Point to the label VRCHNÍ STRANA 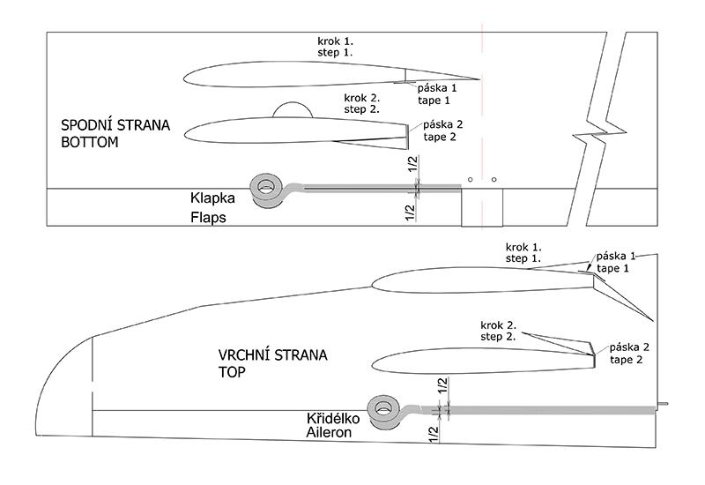pos(272,355)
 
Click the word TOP pos(234,372)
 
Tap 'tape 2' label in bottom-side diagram pos(442,138)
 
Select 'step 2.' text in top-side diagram pos(498,337)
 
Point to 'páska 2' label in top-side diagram pos(629,347)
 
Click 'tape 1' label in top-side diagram pos(614,268)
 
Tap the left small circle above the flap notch pos(471,179)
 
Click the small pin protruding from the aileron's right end pos(662,407)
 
